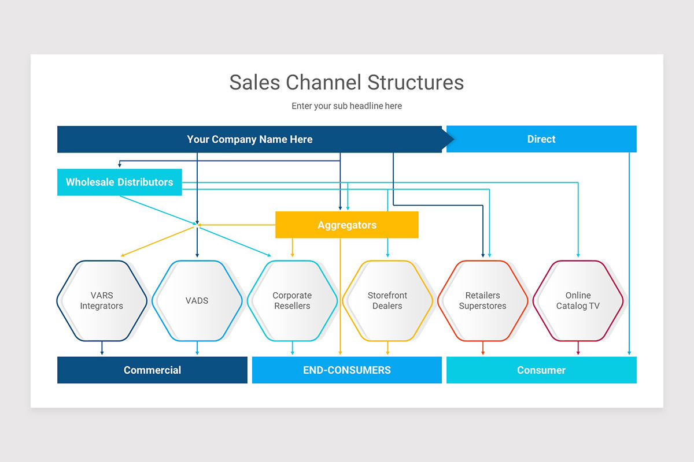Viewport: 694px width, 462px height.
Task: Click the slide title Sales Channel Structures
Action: point(346,82)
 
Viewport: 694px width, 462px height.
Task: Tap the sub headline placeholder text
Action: point(346,106)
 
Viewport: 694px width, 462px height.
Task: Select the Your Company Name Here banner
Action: point(250,139)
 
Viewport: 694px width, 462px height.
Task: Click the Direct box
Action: point(541,139)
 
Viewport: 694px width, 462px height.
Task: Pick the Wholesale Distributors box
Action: point(119,182)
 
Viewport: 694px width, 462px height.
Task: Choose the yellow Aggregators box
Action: point(346,225)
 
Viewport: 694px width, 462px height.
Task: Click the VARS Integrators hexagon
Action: point(102,301)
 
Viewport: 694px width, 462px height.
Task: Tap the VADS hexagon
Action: point(197,301)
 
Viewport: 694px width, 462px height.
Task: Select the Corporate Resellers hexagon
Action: point(292,301)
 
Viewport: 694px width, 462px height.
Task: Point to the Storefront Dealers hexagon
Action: point(387,301)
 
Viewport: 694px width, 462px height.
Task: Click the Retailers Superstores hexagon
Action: point(483,301)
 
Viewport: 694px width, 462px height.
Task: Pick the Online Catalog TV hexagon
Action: point(578,301)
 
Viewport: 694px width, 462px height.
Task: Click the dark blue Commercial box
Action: point(152,370)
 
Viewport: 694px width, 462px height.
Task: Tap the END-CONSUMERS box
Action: point(346,370)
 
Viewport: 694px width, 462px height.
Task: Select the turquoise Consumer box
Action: point(541,370)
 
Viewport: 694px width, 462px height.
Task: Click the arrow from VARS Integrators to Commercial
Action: point(102,348)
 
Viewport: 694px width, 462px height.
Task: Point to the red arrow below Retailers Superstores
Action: point(483,348)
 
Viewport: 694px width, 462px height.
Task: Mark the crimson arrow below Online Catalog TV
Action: point(578,348)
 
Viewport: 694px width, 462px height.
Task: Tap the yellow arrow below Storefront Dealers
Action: point(387,348)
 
